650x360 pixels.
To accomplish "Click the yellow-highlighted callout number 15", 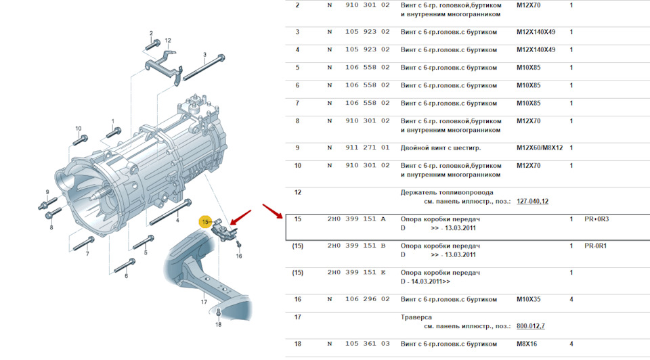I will (204, 221).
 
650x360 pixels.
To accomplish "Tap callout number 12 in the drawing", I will (167, 41).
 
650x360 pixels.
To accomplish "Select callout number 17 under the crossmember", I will (204, 302).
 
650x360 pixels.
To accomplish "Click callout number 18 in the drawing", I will (218, 325).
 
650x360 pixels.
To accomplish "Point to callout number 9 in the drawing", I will (47, 192).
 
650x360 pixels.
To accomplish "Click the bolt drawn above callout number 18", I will (219, 312).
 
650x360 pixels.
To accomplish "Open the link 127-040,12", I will (532, 201).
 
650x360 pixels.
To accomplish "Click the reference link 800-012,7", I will (530, 325).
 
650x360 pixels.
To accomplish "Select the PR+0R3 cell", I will (597, 219).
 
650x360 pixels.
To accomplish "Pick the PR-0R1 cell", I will (596, 246).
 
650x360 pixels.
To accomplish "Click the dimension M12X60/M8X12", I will (540, 148).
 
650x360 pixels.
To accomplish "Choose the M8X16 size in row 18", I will (528, 343).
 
